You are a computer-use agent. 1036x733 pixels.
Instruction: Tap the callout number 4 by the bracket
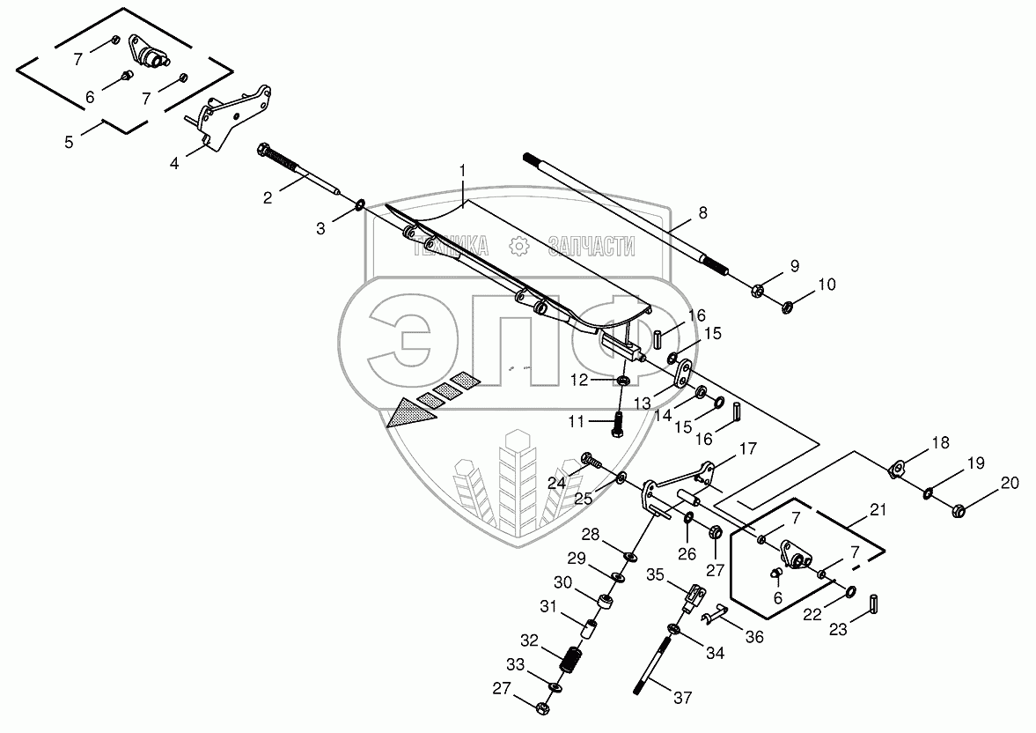(174, 164)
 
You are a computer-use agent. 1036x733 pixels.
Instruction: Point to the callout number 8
(702, 212)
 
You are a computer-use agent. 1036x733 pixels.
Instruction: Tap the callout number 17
(747, 448)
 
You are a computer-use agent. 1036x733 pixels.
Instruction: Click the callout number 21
(877, 510)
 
